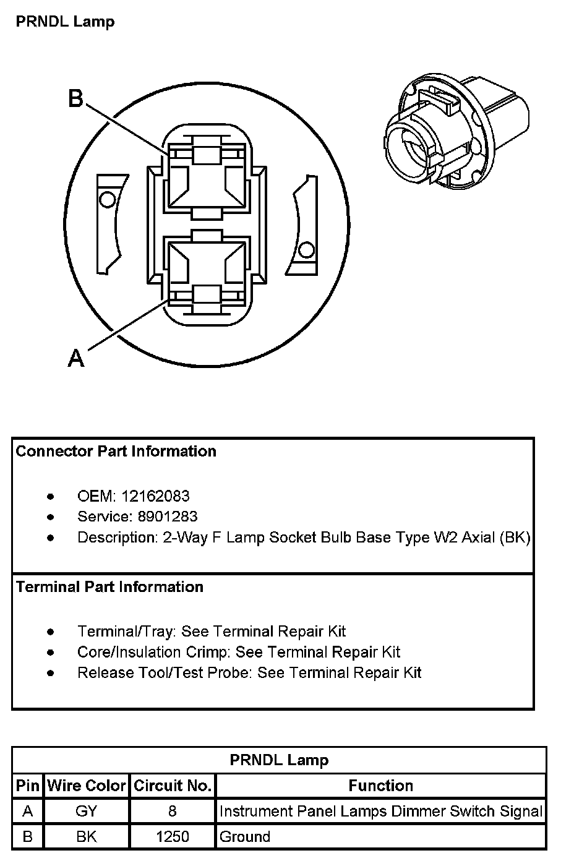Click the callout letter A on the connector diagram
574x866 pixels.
point(75,358)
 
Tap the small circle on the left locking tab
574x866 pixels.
point(108,200)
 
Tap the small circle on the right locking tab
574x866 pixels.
point(306,250)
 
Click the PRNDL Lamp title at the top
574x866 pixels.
point(65,22)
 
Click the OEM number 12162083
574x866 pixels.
point(155,496)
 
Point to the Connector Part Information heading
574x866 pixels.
point(116,452)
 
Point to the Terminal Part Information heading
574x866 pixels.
point(109,586)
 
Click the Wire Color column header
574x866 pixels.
point(87,786)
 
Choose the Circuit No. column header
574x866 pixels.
point(173,786)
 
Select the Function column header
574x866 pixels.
point(380,786)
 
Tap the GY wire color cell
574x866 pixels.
point(87,811)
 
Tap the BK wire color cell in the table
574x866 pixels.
point(87,837)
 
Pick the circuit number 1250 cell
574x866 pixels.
point(173,837)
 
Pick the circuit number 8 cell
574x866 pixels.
point(173,811)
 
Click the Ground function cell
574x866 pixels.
point(245,837)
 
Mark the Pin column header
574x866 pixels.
point(28,786)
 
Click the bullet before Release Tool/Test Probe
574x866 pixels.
point(50,673)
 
